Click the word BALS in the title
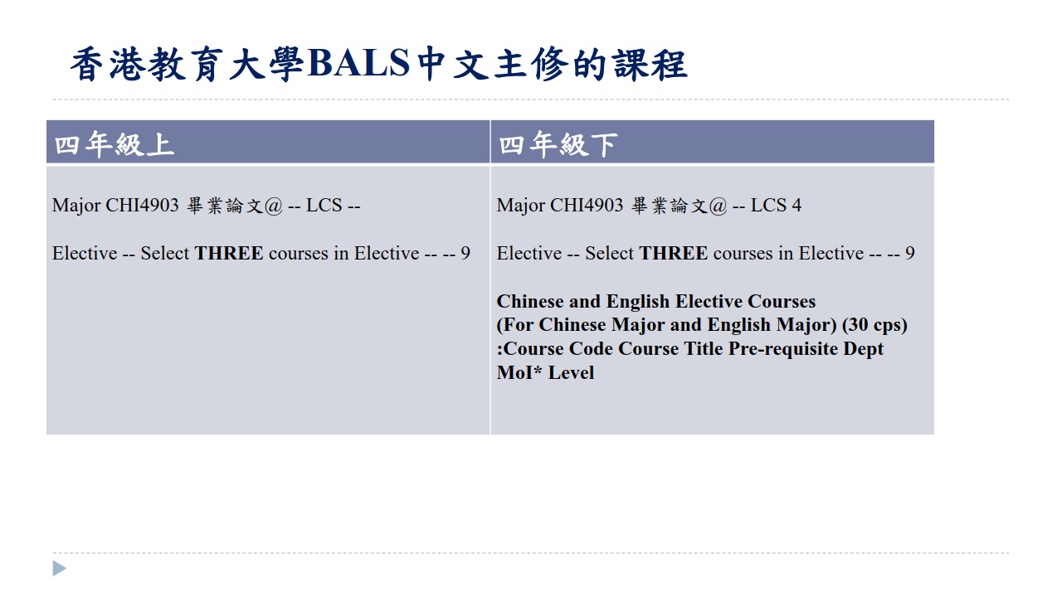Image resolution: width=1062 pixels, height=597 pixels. click(x=358, y=63)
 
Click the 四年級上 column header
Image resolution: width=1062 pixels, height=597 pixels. click(x=114, y=144)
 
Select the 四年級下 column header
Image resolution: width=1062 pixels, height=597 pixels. click(x=558, y=144)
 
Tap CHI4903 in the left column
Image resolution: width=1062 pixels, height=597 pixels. click(x=142, y=205)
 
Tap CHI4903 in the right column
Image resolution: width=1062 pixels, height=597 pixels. click(x=587, y=205)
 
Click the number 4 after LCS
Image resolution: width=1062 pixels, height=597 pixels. click(x=796, y=205)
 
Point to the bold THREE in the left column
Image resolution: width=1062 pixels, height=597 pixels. click(x=229, y=253)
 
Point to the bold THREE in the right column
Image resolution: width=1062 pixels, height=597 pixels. click(x=673, y=253)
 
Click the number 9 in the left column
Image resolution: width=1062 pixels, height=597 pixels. click(x=465, y=253)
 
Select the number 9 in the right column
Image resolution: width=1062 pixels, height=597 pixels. click(x=910, y=253)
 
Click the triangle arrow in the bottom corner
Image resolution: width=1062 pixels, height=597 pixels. click(x=59, y=569)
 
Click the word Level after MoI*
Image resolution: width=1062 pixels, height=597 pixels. click(x=571, y=372)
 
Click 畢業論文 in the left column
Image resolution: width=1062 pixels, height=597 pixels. click(x=224, y=206)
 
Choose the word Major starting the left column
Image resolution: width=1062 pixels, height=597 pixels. click(x=76, y=206)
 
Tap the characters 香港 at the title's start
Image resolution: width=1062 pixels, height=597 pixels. click(x=107, y=64)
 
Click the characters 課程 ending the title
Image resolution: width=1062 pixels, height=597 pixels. click(x=650, y=64)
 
